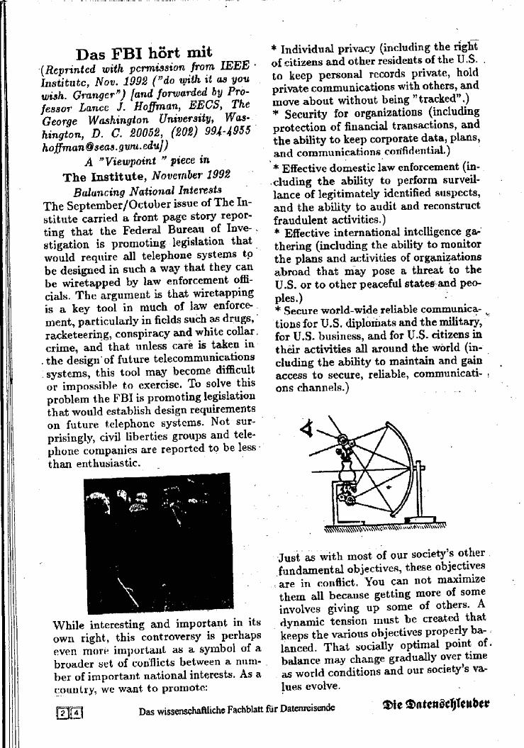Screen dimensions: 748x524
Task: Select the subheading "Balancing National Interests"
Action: coord(147,191)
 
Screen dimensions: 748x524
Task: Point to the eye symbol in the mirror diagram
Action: coord(308,429)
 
